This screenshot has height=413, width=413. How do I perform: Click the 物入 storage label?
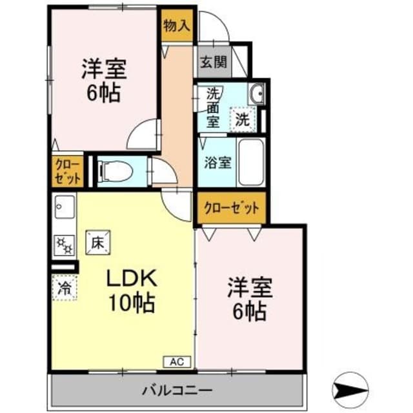(x=177, y=26)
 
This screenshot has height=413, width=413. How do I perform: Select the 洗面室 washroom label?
(x=214, y=106)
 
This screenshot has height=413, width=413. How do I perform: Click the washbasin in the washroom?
(x=256, y=95)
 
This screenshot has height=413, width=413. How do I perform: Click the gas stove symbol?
(x=63, y=244)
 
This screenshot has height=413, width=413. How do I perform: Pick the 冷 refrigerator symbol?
(x=64, y=285)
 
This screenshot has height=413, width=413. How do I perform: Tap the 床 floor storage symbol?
(x=97, y=243)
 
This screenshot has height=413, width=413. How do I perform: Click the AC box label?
(x=177, y=362)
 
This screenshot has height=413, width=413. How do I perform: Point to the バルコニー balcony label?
(x=177, y=390)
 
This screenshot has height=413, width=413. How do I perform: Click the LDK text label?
(x=131, y=279)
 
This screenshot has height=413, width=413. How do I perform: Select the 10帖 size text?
(x=132, y=303)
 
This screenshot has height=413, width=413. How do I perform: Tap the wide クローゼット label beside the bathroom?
(x=231, y=208)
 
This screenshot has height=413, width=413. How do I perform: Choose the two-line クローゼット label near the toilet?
(x=67, y=171)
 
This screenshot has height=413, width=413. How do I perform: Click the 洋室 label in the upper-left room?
(x=103, y=68)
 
